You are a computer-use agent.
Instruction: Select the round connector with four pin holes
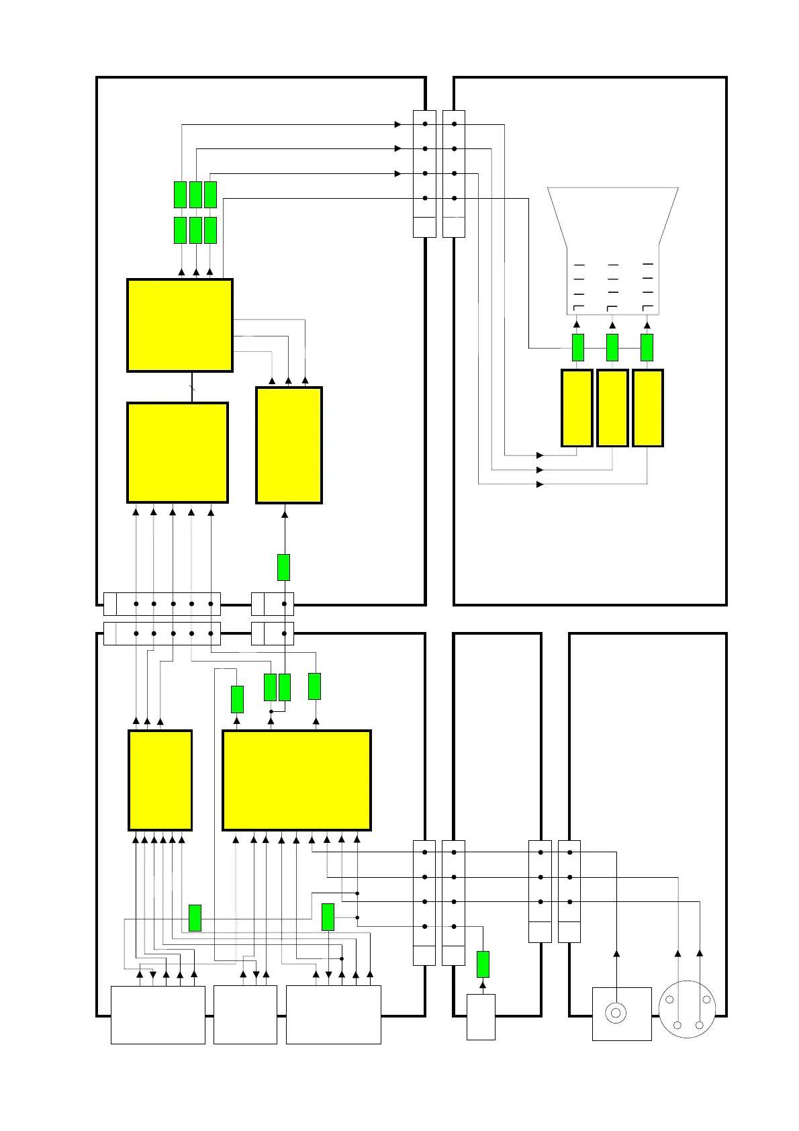[x=688, y=1009]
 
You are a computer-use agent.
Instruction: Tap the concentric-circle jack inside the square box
[x=616, y=1012]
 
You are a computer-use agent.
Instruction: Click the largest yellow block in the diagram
[x=296, y=780]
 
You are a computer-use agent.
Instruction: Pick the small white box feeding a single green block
[x=481, y=1017]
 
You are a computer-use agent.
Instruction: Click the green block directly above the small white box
[x=483, y=964]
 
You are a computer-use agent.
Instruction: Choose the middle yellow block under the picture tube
[x=612, y=408]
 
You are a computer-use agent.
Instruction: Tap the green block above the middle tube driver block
[x=612, y=347]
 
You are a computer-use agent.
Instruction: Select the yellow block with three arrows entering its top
[x=289, y=445]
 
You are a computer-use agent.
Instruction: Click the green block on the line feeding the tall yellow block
[x=284, y=568]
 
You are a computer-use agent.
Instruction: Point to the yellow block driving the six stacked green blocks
[x=180, y=325]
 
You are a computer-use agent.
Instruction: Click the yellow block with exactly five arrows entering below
[x=177, y=452]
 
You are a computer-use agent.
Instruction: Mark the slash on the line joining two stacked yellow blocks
[x=192, y=387]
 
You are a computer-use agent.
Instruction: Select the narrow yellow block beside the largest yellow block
[x=160, y=780]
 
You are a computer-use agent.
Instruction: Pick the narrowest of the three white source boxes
[x=245, y=1014]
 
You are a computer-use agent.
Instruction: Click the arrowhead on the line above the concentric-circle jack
[x=616, y=953]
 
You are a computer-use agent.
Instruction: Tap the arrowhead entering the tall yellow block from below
[x=285, y=514]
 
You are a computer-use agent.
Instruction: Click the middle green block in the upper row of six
[x=195, y=195]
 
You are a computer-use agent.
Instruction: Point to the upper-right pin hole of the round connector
[x=706, y=999]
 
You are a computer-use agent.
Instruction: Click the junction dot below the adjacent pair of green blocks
[x=271, y=711]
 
